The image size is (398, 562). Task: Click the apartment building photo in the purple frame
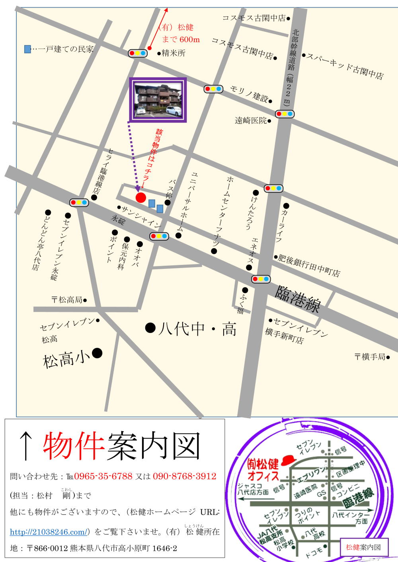pos(158,99)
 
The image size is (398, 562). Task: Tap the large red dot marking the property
pos(141,197)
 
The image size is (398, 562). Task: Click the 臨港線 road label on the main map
pos(298,299)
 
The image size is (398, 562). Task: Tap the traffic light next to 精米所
pos(138,53)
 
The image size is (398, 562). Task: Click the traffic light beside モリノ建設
pos(213,89)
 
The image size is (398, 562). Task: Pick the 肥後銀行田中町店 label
pos(309,266)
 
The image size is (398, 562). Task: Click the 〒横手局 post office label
pos(370,357)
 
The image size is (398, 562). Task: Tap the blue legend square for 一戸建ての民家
pos(27,49)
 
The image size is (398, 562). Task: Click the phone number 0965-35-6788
pos(103,476)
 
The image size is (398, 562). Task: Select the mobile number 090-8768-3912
pos(184,476)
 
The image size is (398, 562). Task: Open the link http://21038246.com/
pos(48,532)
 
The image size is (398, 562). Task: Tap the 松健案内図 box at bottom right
pos(364,547)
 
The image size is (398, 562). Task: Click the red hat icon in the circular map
pos(288,461)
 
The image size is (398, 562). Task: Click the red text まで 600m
pos(181,39)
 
